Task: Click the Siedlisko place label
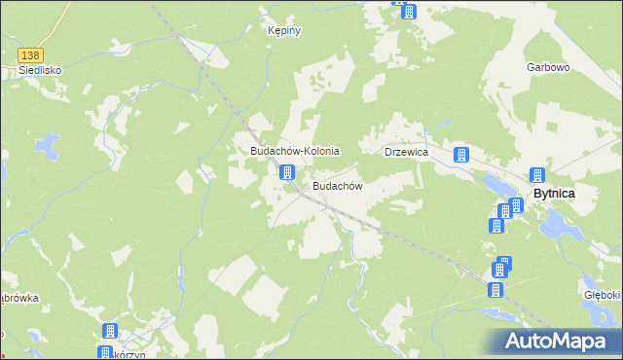pyautogui.click(x=27, y=71)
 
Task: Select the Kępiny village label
pyautogui.click(x=284, y=31)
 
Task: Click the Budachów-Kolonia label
pyautogui.click(x=294, y=152)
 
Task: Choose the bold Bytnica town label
pyautogui.click(x=553, y=194)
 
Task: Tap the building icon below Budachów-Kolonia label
pyautogui.click(x=287, y=172)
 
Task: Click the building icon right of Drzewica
pyautogui.click(x=460, y=154)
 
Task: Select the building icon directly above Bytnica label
pyautogui.click(x=536, y=175)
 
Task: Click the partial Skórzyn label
pyautogui.click(x=122, y=353)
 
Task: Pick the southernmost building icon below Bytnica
pyautogui.click(x=495, y=289)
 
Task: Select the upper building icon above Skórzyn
pyautogui.click(x=110, y=331)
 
